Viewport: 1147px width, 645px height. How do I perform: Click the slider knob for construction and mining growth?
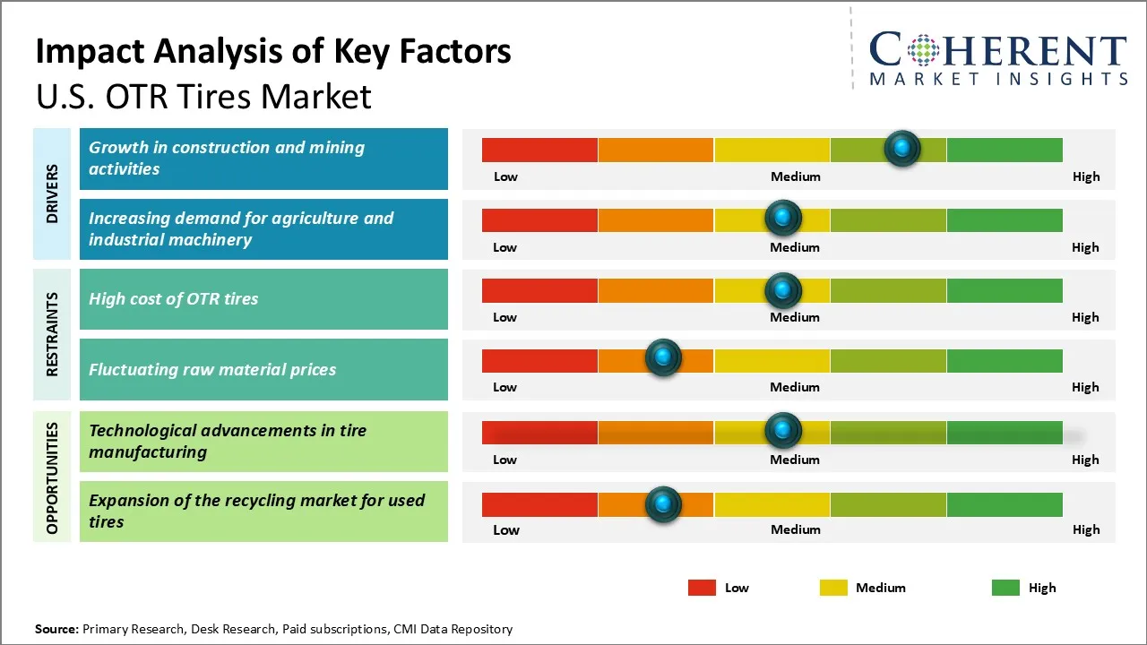click(902, 149)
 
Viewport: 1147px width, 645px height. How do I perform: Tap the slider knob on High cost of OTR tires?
click(783, 290)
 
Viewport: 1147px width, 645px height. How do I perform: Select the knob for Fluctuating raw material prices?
click(663, 358)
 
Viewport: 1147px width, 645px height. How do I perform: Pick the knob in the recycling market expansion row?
click(663, 504)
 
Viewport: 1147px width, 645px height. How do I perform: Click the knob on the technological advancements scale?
click(783, 431)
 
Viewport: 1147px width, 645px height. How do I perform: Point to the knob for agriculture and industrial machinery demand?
click(783, 218)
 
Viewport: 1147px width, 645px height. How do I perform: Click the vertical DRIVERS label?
click(52, 193)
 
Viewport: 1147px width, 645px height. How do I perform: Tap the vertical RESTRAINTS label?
click(52, 334)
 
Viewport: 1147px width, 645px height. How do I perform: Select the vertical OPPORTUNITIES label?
click(52, 477)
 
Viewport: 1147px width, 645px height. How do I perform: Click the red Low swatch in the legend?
click(702, 588)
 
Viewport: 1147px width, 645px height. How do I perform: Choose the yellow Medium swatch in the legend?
click(833, 588)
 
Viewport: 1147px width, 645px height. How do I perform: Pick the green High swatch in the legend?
click(1005, 588)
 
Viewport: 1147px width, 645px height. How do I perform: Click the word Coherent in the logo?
click(998, 50)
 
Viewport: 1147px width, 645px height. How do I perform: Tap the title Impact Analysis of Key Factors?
click(273, 51)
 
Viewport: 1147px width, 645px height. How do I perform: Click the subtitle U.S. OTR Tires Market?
click(203, 96)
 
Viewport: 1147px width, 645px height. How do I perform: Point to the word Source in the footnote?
click(56, 629)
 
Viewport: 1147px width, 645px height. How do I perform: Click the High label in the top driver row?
click(1085, 176)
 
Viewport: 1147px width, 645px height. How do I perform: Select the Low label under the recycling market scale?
click(505, 529)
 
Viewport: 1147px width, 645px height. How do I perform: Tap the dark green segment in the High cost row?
click(1004, 290)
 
